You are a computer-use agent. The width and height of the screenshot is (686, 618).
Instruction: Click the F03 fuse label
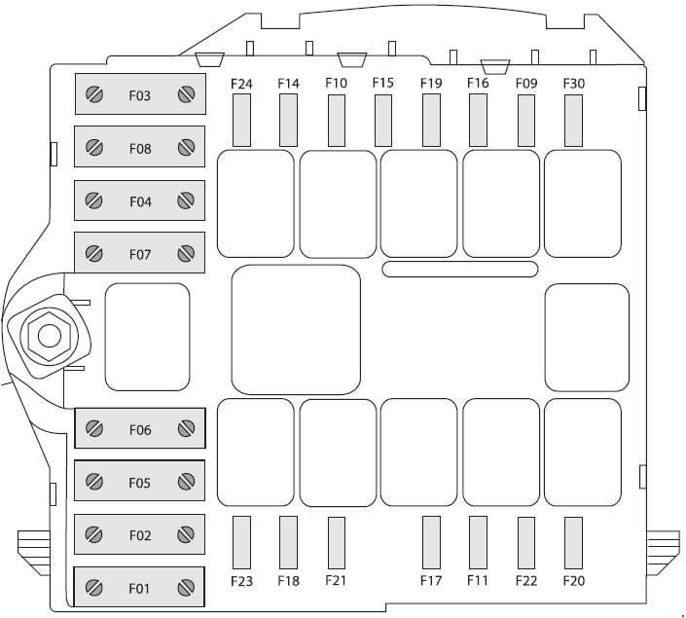139,95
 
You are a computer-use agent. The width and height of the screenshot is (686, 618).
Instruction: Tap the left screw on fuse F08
94,147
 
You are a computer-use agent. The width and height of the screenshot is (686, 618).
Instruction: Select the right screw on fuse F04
186,200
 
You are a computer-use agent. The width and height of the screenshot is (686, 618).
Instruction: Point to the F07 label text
140,254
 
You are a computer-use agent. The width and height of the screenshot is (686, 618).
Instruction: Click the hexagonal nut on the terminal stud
50,336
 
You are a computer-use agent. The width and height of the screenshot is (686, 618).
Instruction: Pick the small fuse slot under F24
241,121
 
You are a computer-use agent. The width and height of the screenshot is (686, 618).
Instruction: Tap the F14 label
289,83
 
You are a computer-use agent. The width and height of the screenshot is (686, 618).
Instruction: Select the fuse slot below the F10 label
337,121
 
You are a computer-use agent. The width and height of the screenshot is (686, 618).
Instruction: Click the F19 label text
431,83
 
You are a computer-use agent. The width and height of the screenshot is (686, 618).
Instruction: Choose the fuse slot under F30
573,121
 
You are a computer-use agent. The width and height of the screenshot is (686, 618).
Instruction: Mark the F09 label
526,83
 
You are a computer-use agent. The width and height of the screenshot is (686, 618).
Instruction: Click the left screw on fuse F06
94,428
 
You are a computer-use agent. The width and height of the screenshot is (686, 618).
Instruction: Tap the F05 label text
139,483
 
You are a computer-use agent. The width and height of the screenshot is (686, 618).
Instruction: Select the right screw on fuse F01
186,588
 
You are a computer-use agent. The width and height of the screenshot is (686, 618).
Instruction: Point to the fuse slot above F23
241,543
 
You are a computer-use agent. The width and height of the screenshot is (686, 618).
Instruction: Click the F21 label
336,580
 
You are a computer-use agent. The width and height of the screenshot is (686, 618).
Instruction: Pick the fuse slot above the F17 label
431,543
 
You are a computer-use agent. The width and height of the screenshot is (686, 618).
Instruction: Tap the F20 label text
574,581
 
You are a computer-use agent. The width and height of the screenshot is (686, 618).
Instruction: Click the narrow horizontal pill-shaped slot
460,270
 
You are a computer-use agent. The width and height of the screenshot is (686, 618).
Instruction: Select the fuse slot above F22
526,543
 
